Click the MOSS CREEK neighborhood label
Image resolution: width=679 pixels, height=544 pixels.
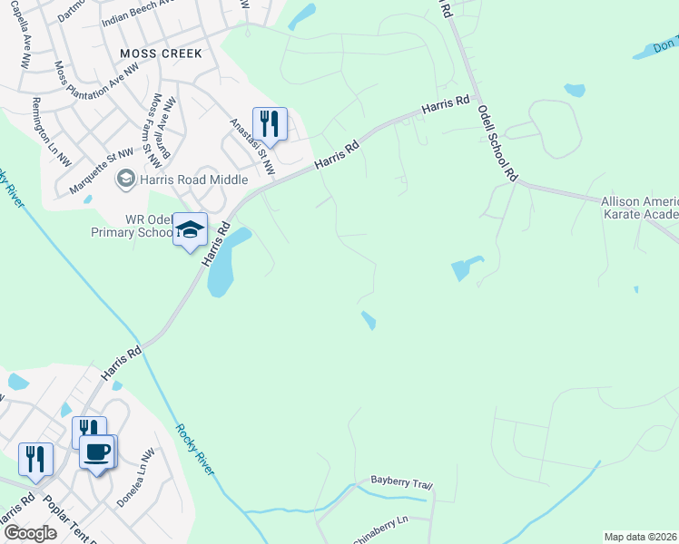coord(161,53)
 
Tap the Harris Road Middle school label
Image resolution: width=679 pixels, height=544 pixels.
coord(192,180)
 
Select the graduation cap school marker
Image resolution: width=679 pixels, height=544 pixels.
coord(191,229)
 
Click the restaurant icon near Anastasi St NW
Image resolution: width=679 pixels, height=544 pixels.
coord(270,122)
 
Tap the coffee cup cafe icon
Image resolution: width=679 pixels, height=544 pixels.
coord(97,451)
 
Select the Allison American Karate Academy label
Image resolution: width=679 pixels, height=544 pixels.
coord(640,208)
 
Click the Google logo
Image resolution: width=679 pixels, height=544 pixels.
coord(31,533)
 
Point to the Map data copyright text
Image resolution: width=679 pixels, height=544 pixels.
coord(641,537)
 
